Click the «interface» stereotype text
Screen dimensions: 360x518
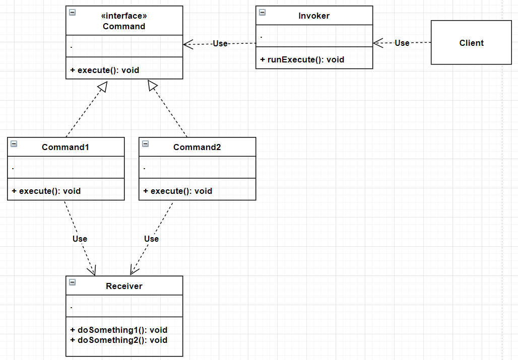point(124,16)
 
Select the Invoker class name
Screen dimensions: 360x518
point(314,16)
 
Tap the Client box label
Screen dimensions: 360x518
point(471,43)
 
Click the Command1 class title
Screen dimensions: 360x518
point(66,147)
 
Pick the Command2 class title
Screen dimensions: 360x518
point(197,147)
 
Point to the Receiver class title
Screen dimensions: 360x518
point(124,286)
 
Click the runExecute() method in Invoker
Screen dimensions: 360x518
point(302,59)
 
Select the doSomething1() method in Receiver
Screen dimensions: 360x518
point(119,330)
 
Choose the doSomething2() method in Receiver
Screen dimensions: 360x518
point(119,340)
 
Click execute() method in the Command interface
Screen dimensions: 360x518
point(105,70)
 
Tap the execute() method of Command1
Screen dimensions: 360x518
point(46,191)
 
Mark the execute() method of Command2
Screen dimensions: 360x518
point(178,191)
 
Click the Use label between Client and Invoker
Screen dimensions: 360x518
point(402,43)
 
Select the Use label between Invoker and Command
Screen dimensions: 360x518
point(220,44)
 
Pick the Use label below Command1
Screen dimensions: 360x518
point(80,239)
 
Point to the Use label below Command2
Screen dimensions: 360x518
point(151,239)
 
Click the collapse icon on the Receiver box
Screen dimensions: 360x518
point(72,282)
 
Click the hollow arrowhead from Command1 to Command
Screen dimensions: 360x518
point(102,88)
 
